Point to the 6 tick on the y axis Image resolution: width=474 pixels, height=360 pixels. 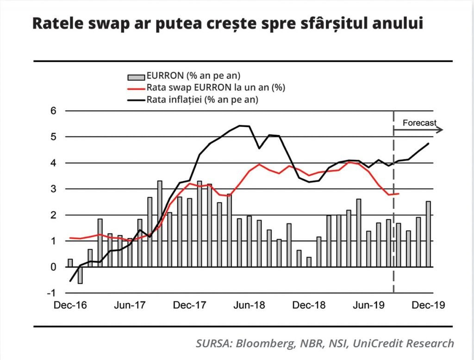pos(54,111)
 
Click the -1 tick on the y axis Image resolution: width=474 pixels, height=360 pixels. pos(52,293)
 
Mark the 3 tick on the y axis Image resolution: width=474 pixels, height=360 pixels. pos(54,189)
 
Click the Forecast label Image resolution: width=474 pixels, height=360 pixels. pos(419,123)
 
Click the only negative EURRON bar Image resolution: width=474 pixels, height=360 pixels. pos(80,275)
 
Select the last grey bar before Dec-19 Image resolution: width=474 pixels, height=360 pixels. pos(428,234)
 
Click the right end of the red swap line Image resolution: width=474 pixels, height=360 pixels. pos(399,194)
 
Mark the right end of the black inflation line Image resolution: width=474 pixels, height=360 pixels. pos(428,144)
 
